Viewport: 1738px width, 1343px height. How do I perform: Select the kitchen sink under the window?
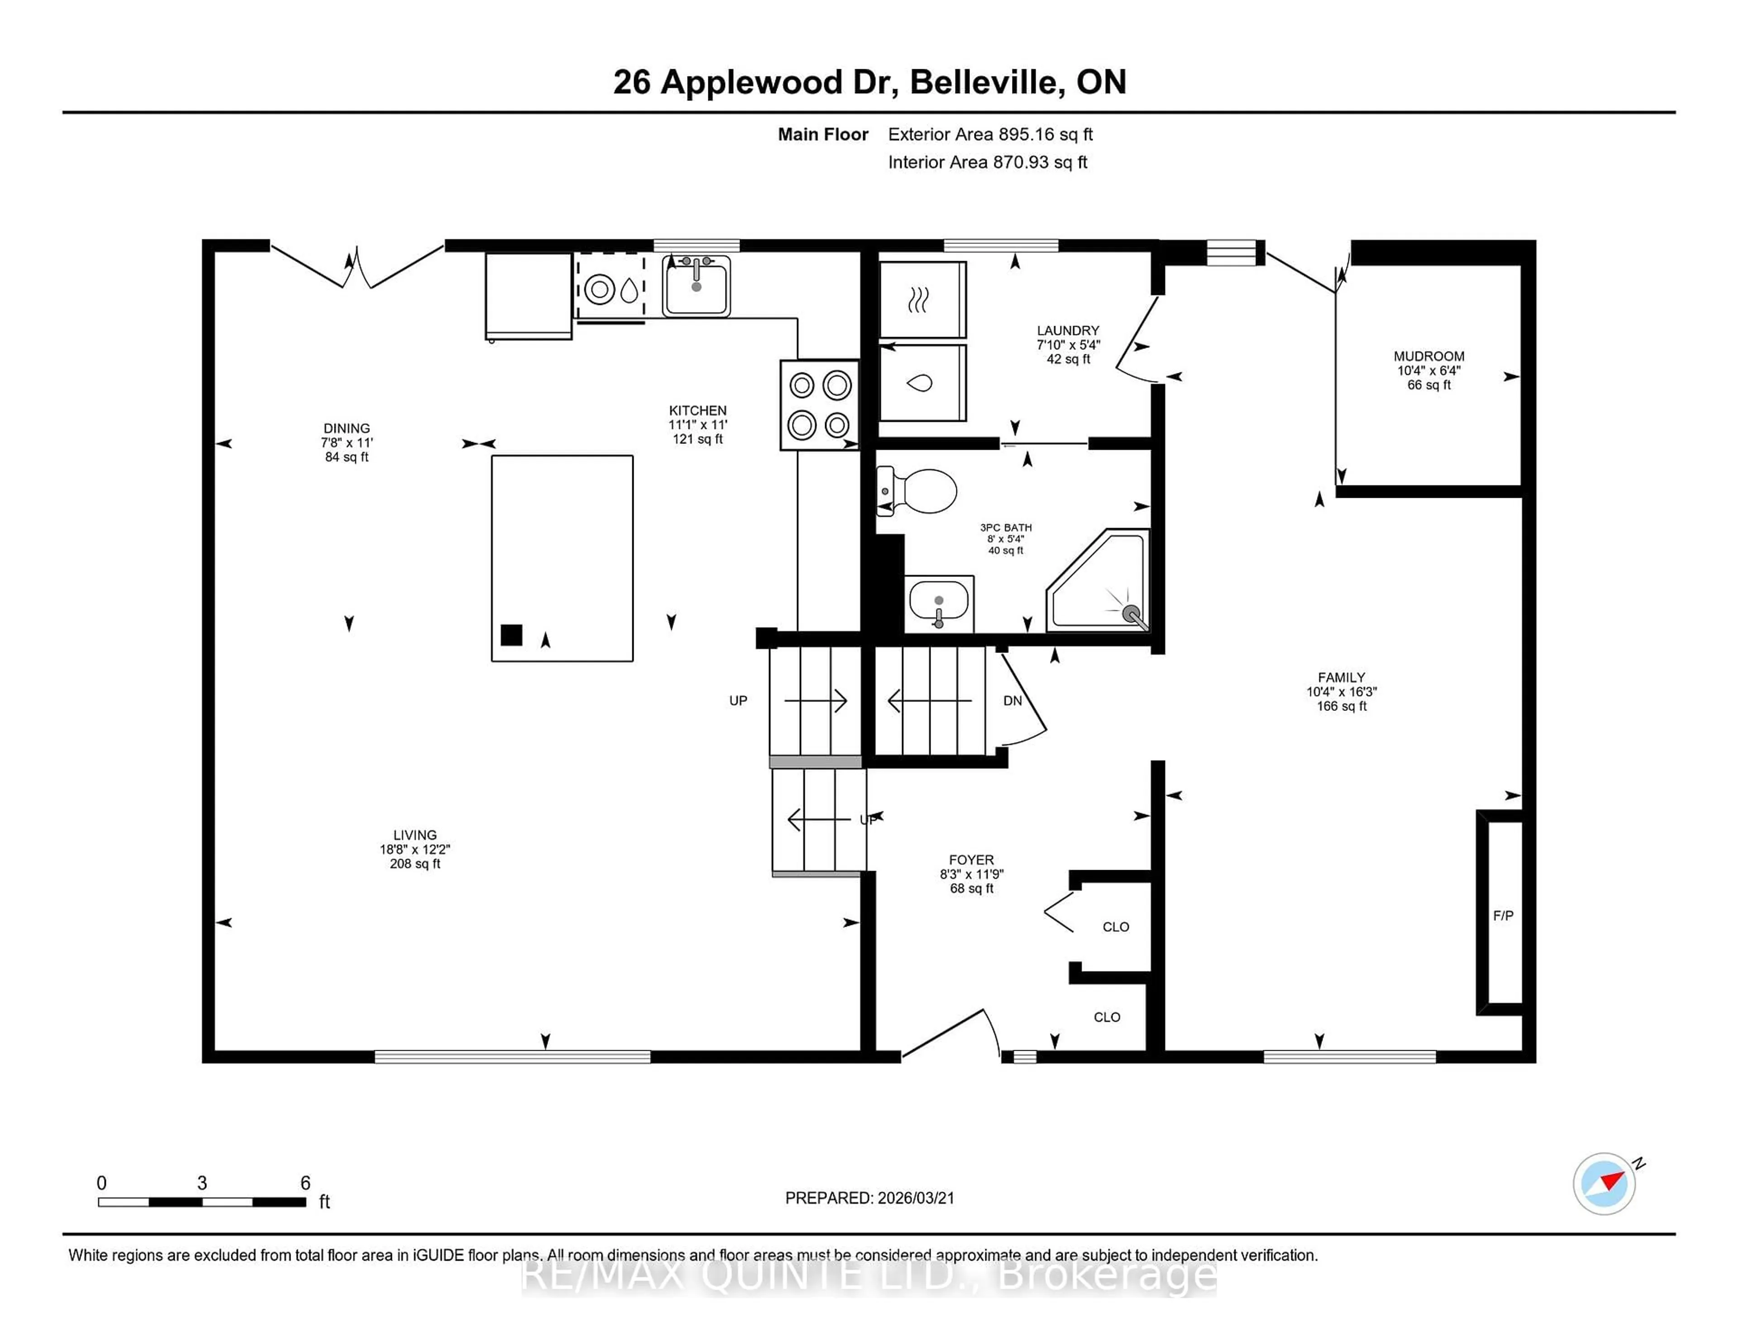click(696, 286)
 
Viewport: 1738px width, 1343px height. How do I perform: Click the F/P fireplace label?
click(1503, 916)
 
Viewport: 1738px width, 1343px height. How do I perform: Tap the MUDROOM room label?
click(1428, 357)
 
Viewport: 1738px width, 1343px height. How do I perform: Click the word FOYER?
click(971, 860)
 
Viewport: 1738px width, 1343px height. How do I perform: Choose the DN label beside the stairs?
click(1012, 701)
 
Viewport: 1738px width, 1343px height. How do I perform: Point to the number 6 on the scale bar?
click(305, 1183)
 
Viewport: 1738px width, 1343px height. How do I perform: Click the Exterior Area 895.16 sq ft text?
click(990, 134)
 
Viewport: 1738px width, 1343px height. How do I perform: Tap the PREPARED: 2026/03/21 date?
click(869, 1198)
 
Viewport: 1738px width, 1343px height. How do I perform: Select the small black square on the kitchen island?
click(511, 635)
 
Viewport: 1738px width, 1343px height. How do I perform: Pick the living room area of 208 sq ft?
click(415, 864)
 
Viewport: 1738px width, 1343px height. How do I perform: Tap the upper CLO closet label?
click(1116, 927)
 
